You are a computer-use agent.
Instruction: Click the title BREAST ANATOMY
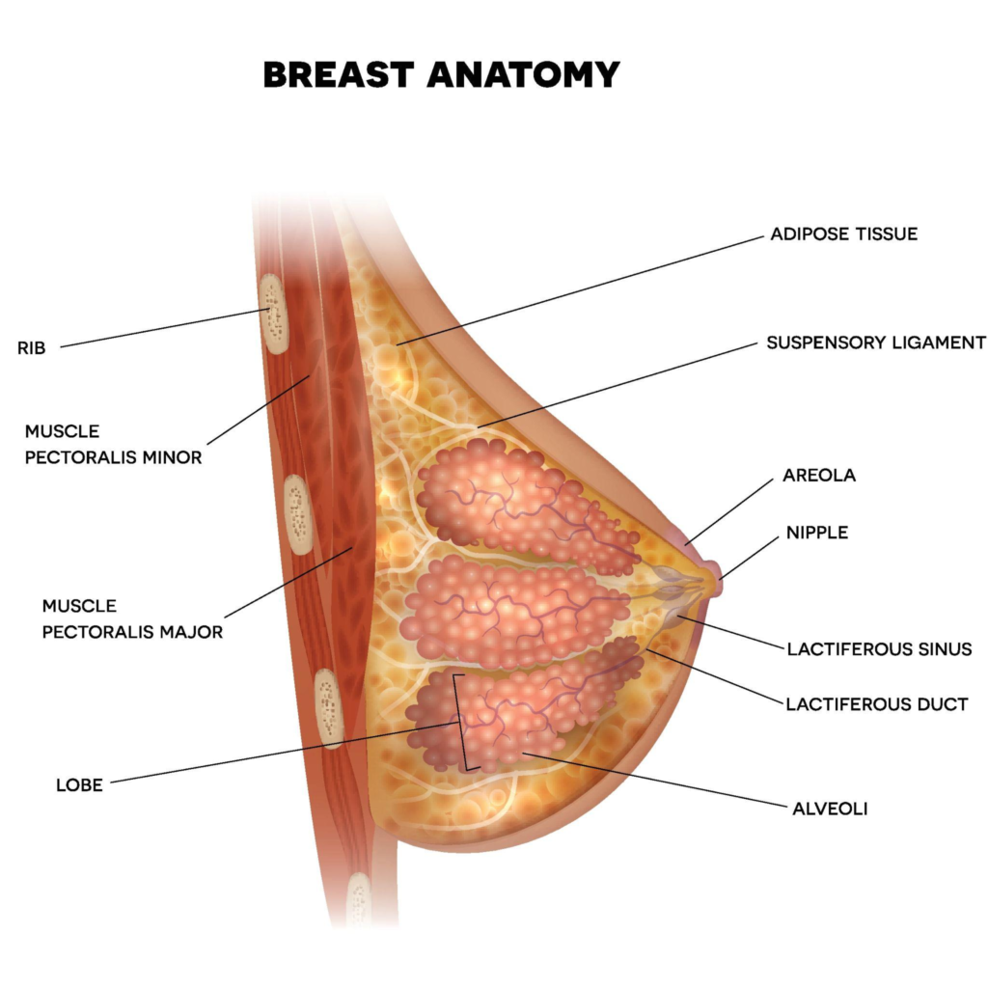tap(441, 74)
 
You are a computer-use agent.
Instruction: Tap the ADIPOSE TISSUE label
tap(843, 234)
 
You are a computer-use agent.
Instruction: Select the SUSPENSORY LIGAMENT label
tap(876, 343)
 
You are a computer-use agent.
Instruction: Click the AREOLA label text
tap(819, 476)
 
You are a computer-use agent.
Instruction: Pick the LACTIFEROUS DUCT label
tap(876, 704)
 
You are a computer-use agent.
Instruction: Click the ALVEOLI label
tap(830, 809)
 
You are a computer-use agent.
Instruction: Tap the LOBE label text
tap(79, 785)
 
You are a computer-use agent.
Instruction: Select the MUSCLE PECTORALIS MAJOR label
tap(132, 618)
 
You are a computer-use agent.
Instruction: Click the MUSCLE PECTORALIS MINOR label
tap(114, 444)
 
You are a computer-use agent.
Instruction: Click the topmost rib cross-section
tap(276, 314)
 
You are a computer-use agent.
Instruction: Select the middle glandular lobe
tap(511, 610)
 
